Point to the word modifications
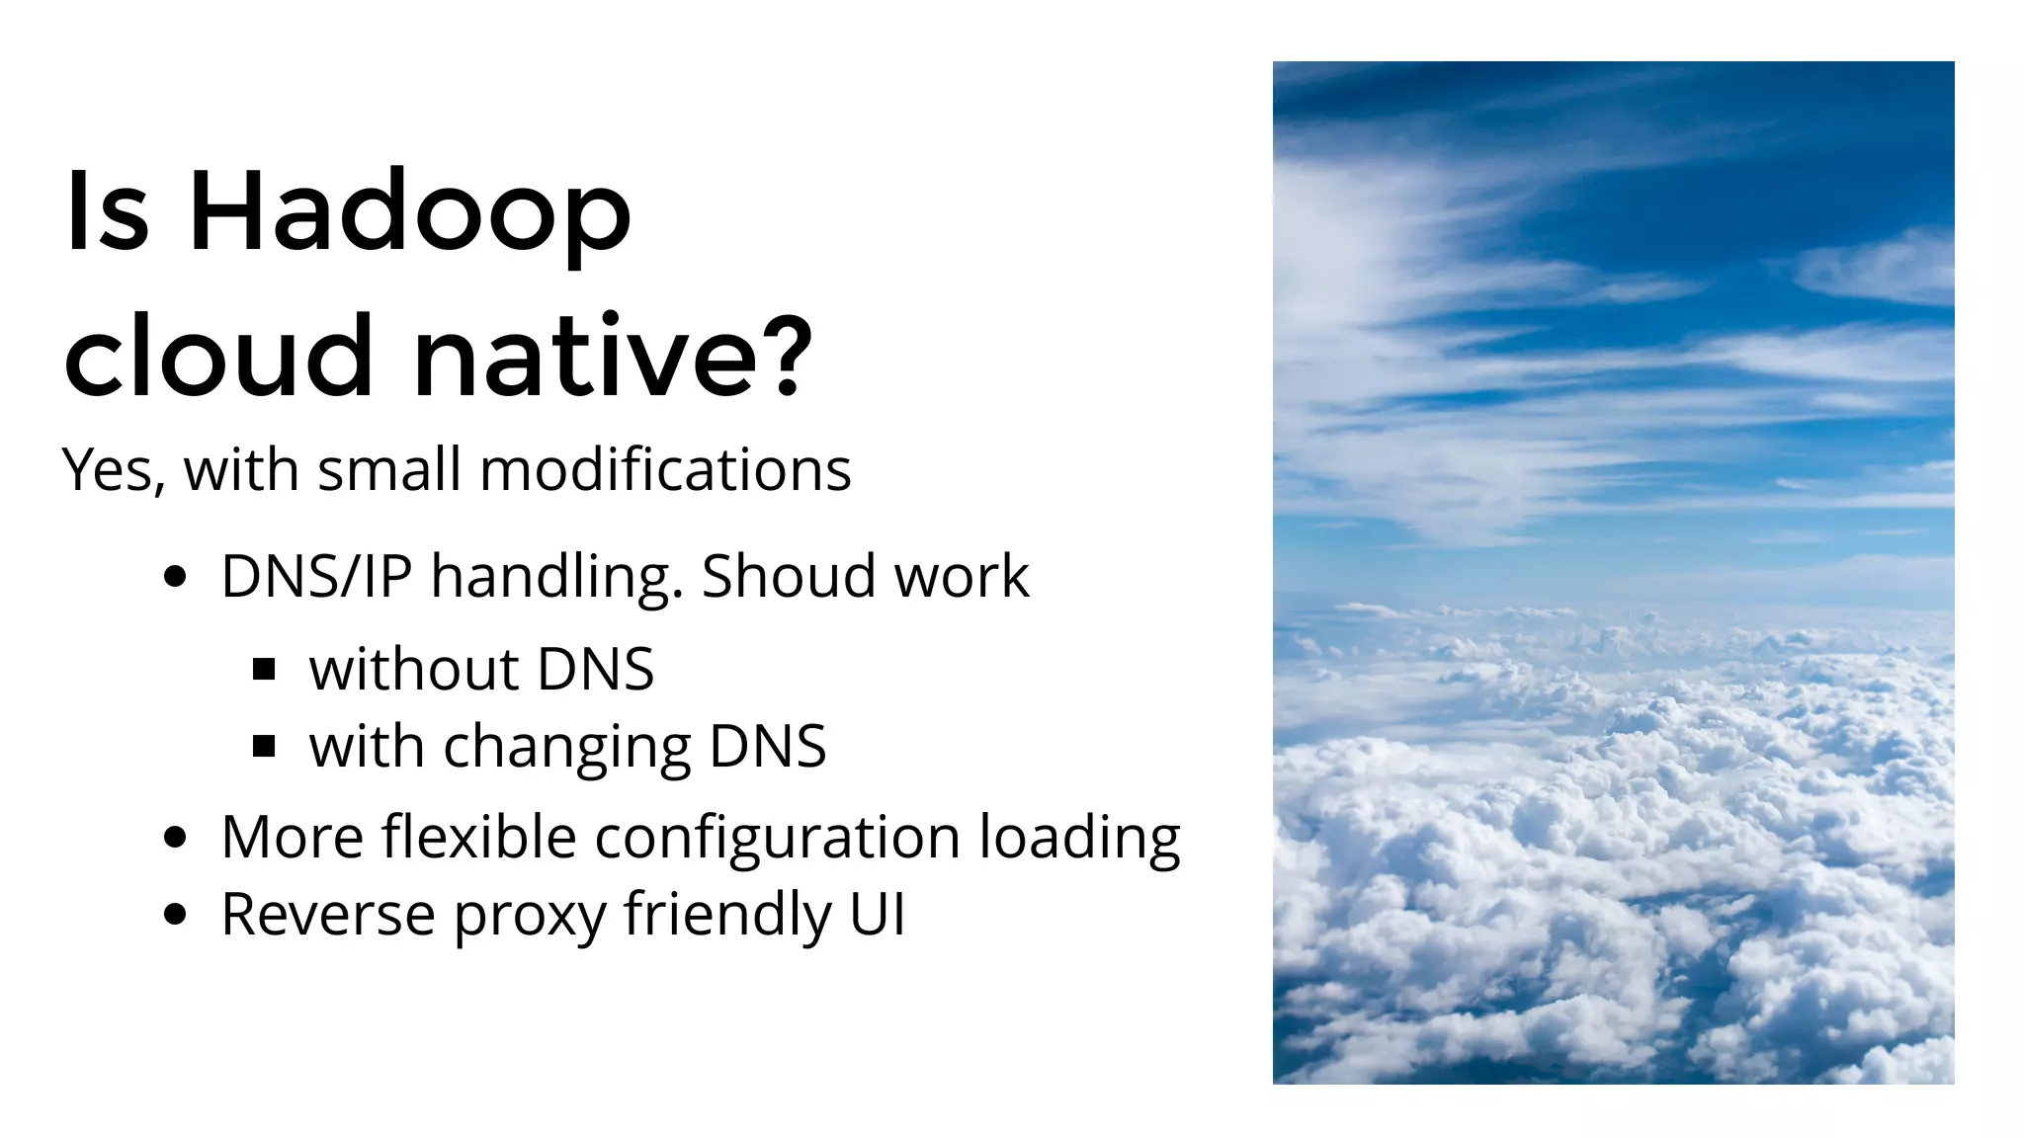click(x=664, y=469)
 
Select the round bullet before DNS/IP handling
click(x=175, y=578)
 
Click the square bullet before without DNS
click(x=264, y=671)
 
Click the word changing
click(x=566, y=748)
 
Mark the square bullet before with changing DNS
click(x=264, y=747)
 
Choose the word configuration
click(x=777, y=837)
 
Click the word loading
click(x=1079, y=839)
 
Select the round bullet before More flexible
click(x=175, y=839)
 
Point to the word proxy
click(x=530, y=916)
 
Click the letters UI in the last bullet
click(x=877, y=914)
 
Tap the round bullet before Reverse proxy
click(x=175, y=916)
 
